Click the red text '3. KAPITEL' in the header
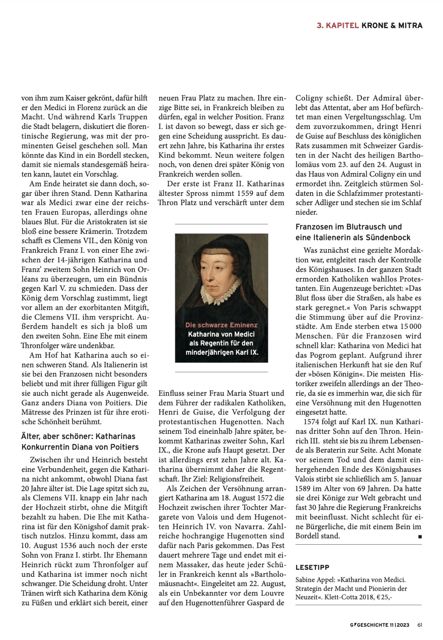pyautogui.click(x=338, y=26)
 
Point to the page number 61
pyautogui.click(x=420, y=625)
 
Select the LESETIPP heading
pyautogui.click(x=312, y=567)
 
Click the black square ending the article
pyautogui.click(x=420, y=537)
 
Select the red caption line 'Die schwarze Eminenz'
pyautogui.click(x=221, y=325)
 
